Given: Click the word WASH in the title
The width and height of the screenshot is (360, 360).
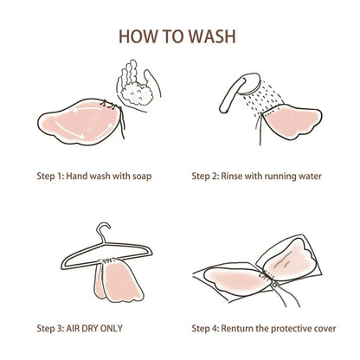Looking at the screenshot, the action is click(x=212, y=36).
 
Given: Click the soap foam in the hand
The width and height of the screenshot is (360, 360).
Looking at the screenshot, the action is click(x=136, y=93).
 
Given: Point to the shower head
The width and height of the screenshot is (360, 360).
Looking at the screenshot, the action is click(x=250, y=84).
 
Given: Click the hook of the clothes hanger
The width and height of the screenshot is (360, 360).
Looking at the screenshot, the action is click(x=103, y=231).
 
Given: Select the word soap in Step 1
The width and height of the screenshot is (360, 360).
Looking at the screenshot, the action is click(x=142, y=177).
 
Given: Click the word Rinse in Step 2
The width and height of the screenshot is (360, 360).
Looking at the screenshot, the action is click(x=232, y=176).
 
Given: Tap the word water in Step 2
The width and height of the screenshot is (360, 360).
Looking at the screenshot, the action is click(x=310, y=177).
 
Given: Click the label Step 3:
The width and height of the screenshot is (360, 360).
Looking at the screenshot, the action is click(x=50, y=328).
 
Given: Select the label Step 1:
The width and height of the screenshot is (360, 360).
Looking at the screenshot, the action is click(x=50, y=177).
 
